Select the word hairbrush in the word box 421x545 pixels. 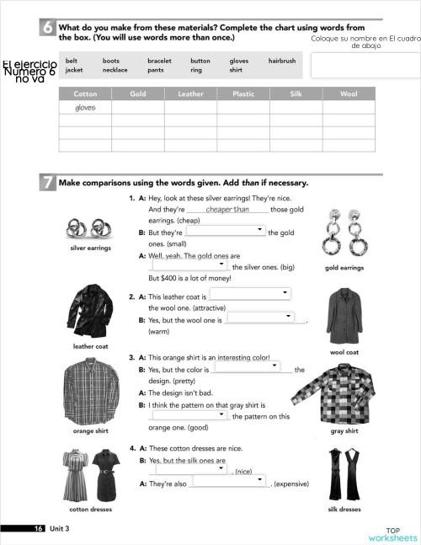[281, 61]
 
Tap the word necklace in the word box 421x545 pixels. [115, 71]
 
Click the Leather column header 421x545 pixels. [190, 94]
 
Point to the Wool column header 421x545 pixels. [348, 94]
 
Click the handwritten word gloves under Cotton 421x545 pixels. [85, 108]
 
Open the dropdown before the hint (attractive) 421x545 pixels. [250, 294]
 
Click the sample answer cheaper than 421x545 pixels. [226, 210]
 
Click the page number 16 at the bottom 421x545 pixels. [39, 528]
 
